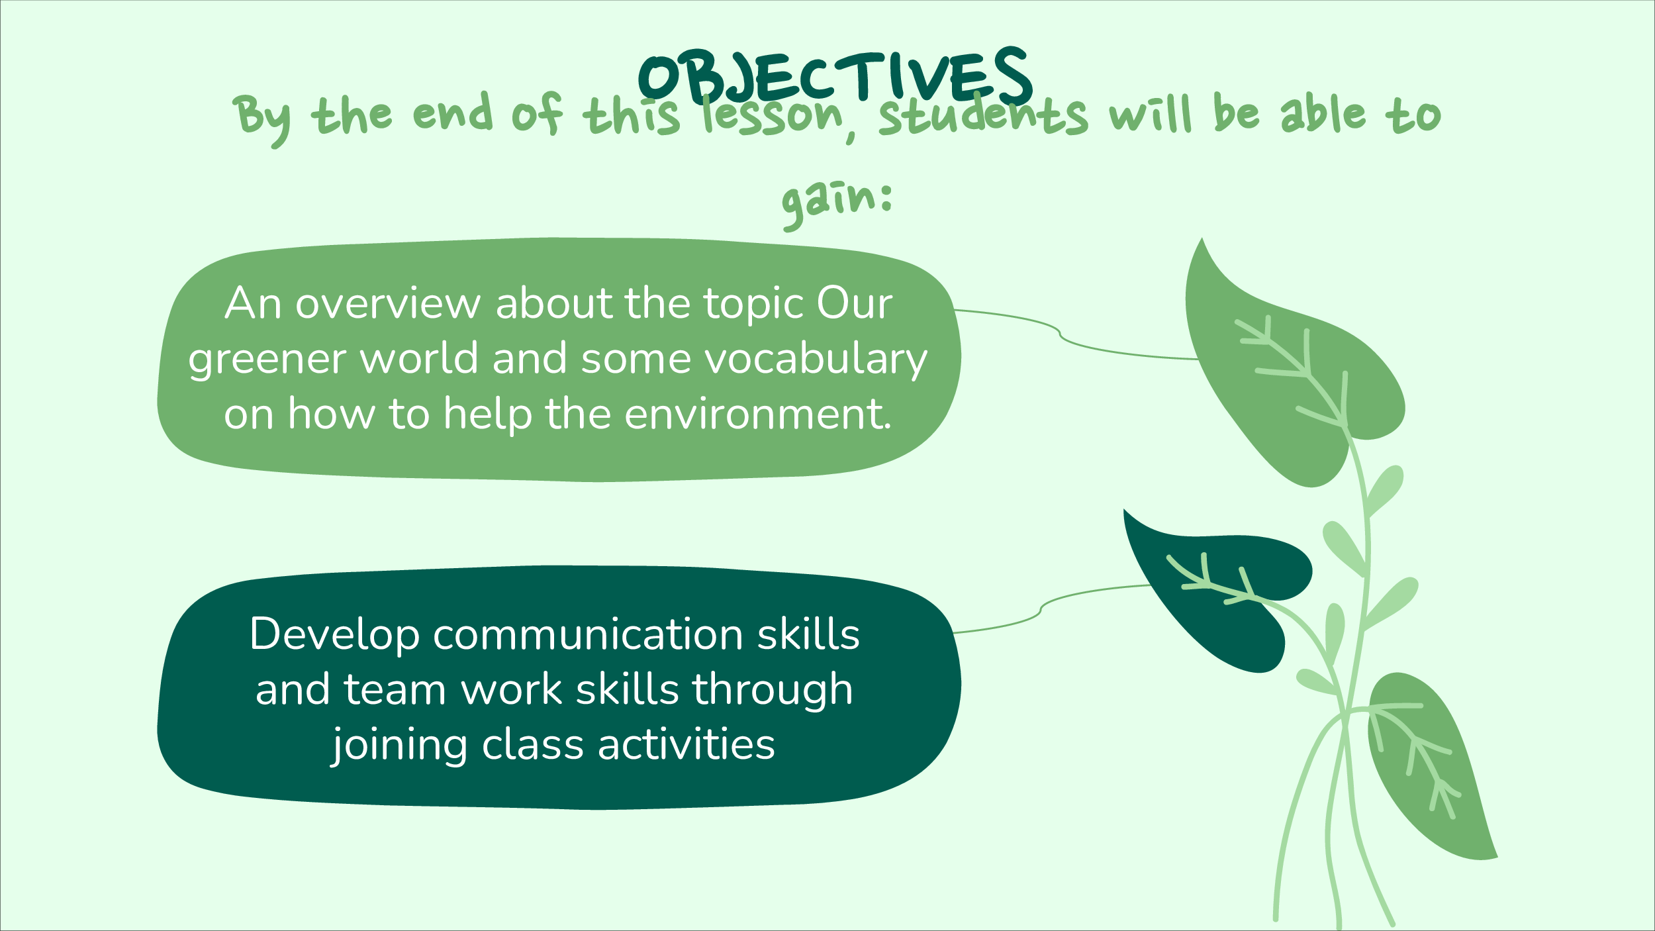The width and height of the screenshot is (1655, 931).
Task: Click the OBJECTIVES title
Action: click(835, 77)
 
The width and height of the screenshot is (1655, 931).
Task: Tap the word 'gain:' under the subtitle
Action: click(837, 203)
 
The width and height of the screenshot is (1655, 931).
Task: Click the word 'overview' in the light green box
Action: click(388, 304)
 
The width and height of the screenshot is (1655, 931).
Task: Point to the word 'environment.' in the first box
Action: click(758, 415)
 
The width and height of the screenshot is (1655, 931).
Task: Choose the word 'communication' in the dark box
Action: click(588, 634)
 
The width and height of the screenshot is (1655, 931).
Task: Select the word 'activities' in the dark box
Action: click(686, 744)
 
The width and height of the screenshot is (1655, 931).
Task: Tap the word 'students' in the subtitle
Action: click(983, 114)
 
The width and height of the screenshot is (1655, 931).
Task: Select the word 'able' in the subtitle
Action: click(1323, 113)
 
